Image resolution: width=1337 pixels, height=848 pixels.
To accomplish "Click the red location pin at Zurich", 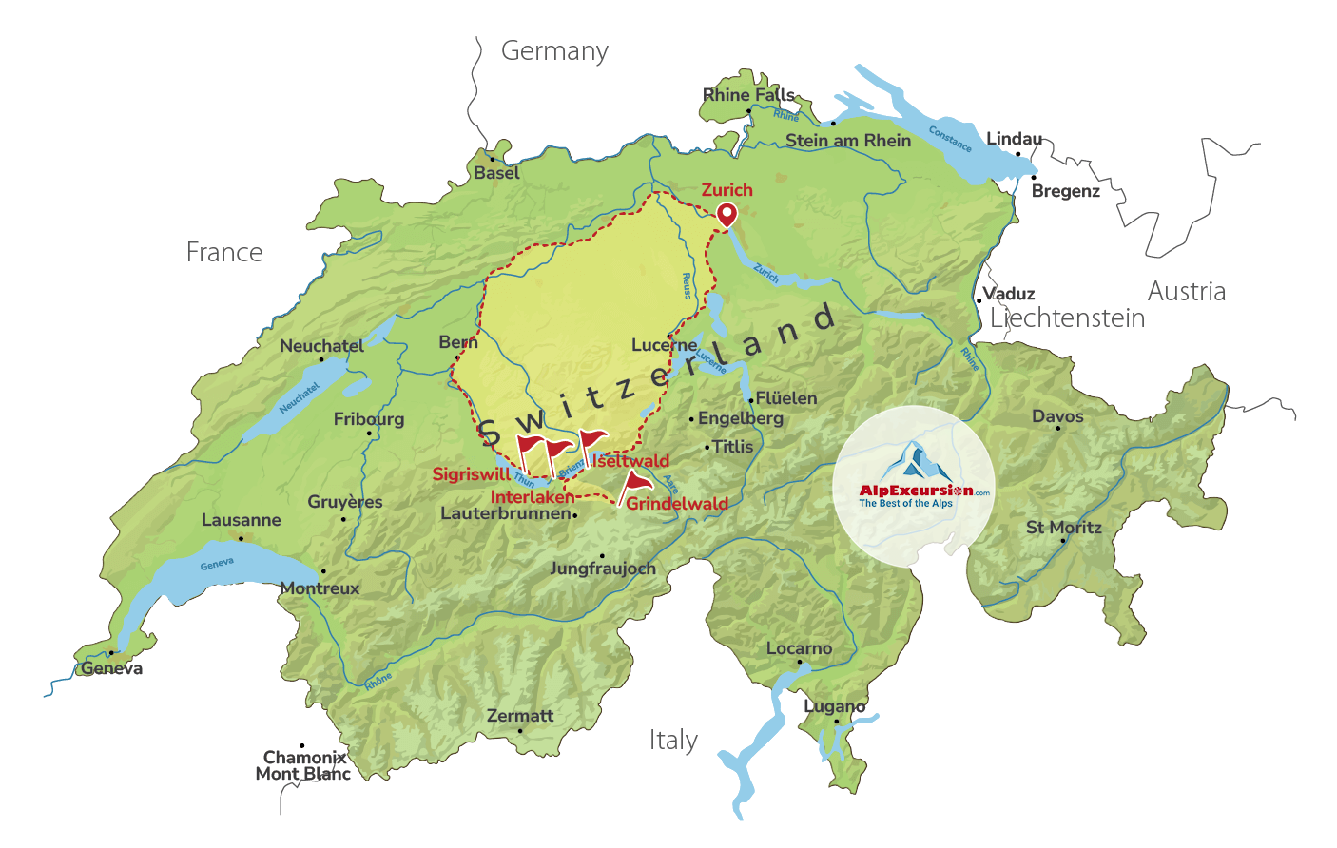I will point(727,214).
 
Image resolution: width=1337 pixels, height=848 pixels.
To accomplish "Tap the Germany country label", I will point(554,51).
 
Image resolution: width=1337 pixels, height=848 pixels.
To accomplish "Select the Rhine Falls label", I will point(748,94).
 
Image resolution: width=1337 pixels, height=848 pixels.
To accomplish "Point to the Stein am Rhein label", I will point(847,141).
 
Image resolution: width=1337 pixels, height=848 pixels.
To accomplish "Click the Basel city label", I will point(496,173).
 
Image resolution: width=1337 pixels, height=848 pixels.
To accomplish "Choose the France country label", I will point(224,253).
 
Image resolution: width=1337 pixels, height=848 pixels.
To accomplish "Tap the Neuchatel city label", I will point(321,346).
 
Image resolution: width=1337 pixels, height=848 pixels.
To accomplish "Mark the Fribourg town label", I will point(368,419).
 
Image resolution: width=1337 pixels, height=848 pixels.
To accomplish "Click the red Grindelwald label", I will point(677,504).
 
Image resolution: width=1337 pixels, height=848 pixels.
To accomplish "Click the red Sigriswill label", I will point(472,474).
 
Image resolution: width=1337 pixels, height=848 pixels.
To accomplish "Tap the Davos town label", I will point(1057,416).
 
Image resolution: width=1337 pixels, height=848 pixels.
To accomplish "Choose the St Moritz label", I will point(1063,528).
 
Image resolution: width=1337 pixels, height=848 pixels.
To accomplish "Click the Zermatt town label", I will point(519,716).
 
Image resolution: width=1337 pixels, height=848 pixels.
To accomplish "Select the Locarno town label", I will point(799,648).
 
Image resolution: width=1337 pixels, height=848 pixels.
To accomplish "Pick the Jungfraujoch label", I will point(603,569).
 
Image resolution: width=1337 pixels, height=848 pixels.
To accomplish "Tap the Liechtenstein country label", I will point(1067,318).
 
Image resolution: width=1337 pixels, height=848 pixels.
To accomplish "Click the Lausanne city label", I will point(241,520).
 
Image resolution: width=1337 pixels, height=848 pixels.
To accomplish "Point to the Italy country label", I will point(673,741).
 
